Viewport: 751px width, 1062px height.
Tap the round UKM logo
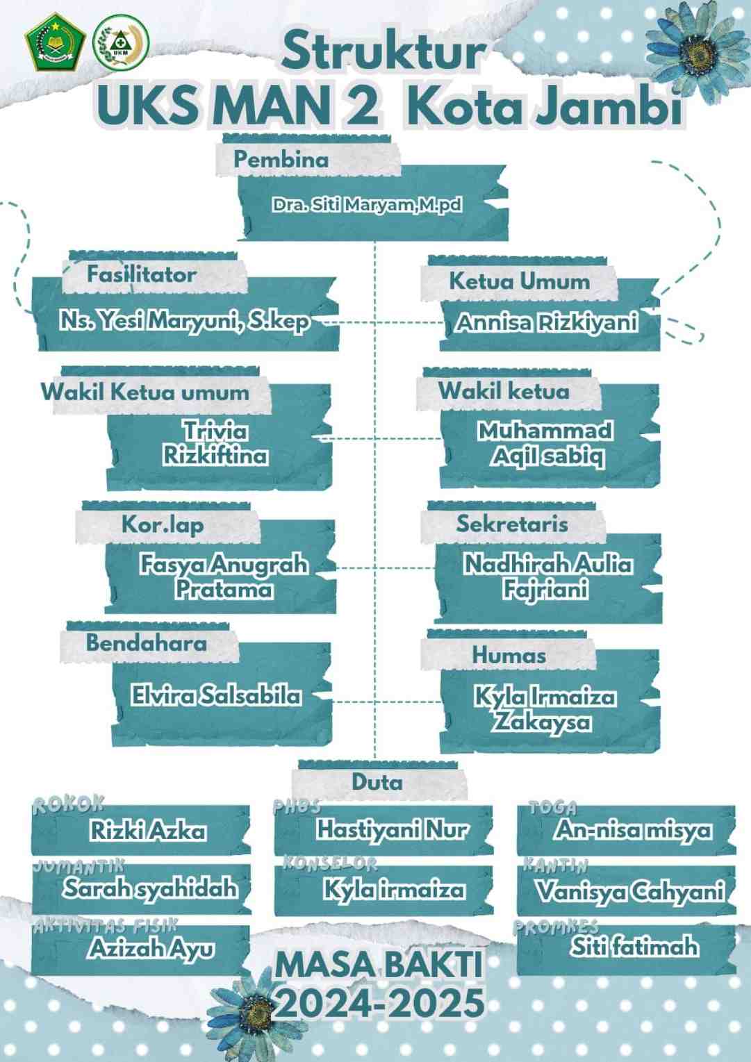(x=121, y=44)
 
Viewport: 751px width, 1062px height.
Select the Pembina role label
(x=281, y=159)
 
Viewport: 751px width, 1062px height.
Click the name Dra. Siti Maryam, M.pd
(x=367, y=205)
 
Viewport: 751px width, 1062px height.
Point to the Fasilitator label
(x=141, y=274)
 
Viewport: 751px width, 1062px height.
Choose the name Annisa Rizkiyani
(x=547, y=323)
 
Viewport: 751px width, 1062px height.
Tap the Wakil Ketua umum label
(x=145, y=392)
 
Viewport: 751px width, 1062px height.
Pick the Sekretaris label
(x=512, y=524)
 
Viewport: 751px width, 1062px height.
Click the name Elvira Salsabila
(x=216, y=695)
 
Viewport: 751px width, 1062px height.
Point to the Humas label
(x=509, y=654)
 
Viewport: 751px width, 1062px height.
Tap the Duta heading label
(x=377, y=782)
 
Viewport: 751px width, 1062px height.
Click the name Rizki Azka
(x=148, y=831)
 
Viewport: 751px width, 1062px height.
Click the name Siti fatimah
(x=634, y=947)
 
